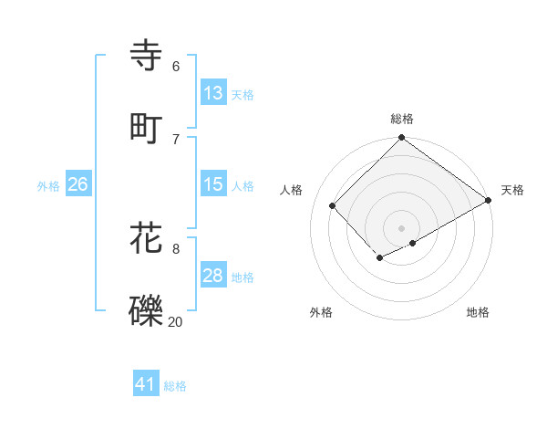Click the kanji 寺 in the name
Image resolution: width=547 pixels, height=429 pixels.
(x=146, y=56)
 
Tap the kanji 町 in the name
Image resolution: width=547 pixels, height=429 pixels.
(x=146, y=128)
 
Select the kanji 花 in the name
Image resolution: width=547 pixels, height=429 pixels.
(x=146, y=237)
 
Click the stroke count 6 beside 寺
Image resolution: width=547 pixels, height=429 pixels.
(x=175, y=66)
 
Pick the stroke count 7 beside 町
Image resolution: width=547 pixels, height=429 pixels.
(x=175, y=138)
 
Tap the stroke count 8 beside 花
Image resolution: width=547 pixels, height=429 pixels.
(x=175, y=247)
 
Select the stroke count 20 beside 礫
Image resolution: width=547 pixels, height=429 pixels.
(x=175, y=320)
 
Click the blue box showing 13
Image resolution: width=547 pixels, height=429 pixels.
(x=213, y=93)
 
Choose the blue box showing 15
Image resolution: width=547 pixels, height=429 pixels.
(x=213, y=184)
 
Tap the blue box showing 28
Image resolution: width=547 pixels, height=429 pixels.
(x=213, y=276)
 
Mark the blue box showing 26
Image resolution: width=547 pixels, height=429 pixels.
(x=77, y=184)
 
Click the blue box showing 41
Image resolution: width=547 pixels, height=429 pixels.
(x=146, y=384)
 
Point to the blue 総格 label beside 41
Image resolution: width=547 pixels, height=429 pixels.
(x=175, y=386)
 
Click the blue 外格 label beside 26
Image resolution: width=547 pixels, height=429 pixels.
(x=48, y=186)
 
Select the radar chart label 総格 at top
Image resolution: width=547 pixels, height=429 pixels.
(x=402, y=119)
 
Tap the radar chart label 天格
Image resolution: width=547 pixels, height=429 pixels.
(x=512, y=190)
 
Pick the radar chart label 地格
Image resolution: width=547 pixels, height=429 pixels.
(x=478, y=312)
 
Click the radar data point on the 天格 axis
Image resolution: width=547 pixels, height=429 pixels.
(x=490, y=200)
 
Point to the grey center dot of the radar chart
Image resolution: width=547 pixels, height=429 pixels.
(x=402, y=227)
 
